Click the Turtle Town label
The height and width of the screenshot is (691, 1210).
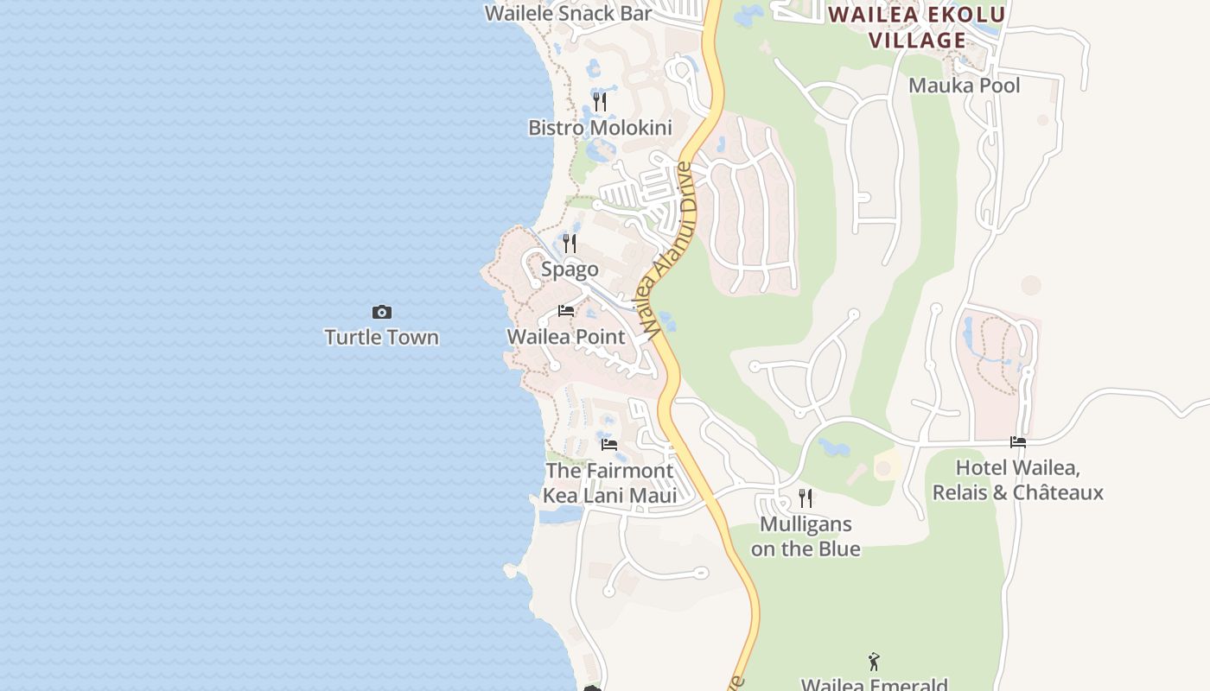381,337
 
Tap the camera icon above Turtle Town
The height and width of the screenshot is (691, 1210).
381,312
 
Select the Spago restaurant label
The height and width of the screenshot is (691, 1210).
570,269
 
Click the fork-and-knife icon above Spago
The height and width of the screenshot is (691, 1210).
570,244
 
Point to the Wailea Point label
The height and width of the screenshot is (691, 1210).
565,336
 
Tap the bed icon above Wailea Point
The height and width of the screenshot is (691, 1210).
566,311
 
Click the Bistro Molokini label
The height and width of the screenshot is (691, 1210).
600,128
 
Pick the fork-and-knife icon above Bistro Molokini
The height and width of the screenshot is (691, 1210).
600,103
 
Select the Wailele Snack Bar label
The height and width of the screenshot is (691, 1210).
568,13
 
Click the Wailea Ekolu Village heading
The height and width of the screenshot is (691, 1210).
917,27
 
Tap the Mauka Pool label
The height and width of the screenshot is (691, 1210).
964,86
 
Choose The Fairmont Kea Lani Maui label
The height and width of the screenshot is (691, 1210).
609,483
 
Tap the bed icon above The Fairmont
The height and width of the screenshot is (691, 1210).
609,445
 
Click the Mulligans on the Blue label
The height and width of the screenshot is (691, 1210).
806,536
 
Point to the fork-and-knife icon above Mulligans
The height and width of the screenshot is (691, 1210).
806,498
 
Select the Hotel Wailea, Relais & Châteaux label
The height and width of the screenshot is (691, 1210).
1017,480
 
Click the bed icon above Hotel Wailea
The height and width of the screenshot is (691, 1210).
1018,442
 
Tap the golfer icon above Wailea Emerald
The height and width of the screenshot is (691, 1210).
874,662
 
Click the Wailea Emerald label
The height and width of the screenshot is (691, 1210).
874,684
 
